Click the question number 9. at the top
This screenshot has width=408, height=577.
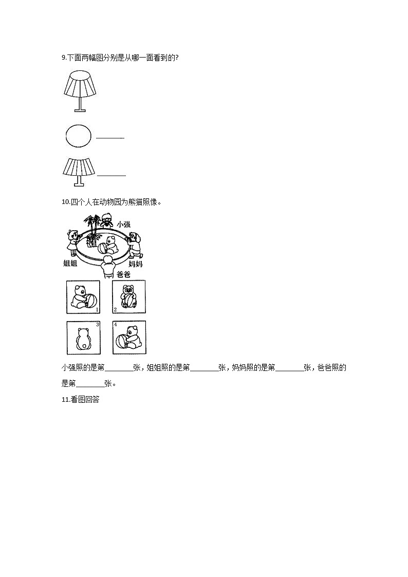coord(64,58)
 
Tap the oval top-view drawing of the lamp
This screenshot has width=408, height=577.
coord(79,136)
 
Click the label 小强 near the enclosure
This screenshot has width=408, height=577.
coord(123,224)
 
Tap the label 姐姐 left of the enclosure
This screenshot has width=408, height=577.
coord(70,264)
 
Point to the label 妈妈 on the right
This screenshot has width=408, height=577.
coord(135,264)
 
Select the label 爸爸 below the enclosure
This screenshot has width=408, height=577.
coord(123,274)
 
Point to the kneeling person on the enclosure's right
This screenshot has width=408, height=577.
coord(135,244)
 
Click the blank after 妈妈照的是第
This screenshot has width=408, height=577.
coord(289,368)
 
